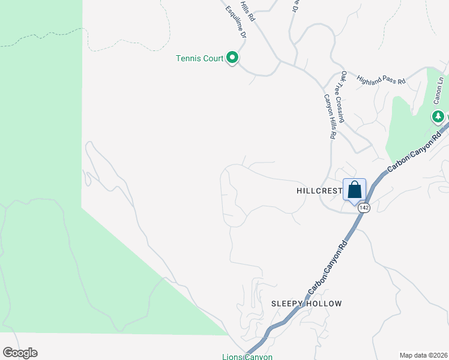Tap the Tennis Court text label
coord(200,58)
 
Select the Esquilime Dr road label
coord(236,23)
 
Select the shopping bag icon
coord(355,190)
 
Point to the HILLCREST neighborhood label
coord(319,190)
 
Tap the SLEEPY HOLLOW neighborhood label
coord(306,304)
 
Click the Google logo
coord(20,353)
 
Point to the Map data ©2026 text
coord(423,355)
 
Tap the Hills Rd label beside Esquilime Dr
coord(247,11)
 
